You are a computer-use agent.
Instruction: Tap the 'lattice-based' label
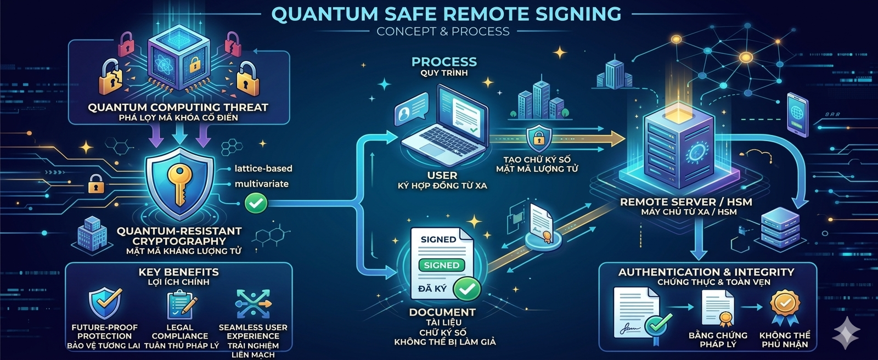(x=263, y=168)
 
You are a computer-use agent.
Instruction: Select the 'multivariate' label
(x=261, y=184)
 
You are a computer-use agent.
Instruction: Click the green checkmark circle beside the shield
(x=256, y=203)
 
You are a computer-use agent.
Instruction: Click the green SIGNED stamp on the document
(x=442, y=265)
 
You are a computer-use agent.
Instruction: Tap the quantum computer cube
(x=179, y=57)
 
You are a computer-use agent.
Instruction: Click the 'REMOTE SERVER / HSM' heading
(x=686, y=202)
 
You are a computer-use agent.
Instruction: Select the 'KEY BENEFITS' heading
(x=179, y=272)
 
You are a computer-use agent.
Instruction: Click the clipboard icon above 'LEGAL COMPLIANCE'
(x=181, y=305)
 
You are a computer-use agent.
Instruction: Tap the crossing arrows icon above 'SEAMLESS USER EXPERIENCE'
(x=253, y=304)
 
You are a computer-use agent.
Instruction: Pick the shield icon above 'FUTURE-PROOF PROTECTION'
(x=104, y=303)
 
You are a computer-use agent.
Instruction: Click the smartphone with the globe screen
(x=797, y=115)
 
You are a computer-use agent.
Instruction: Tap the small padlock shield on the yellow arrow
(x=539, y=138)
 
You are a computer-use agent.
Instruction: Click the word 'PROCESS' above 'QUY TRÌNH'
(x=444, y=61)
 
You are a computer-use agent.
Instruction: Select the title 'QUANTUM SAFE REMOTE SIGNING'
(x=446, y=14)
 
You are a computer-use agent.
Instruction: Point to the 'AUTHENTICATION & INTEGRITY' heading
(x=706, y=272)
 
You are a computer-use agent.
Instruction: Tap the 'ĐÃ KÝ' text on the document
(x=432, y=289)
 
